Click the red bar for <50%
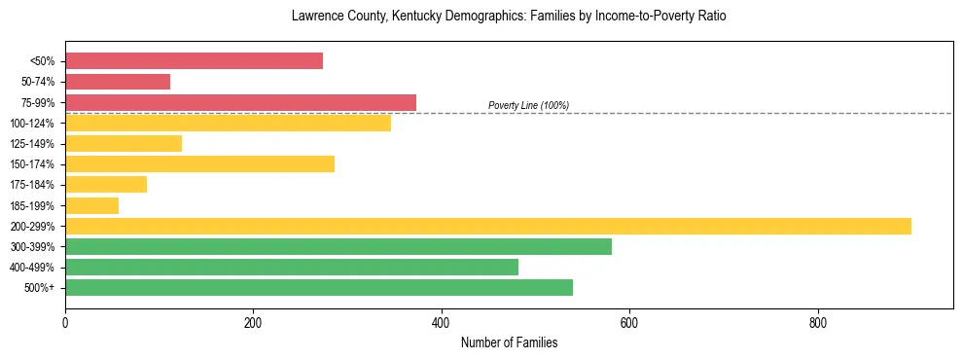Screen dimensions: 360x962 (x=194, y=61)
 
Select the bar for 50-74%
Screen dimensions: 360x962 (x=118, y=82)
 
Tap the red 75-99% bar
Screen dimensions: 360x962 (x=240, y=102)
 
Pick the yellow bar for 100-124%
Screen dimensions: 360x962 (x=228, y=123)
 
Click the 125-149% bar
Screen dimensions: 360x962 (x=124, y=144)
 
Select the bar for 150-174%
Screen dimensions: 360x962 (x=199, y=164)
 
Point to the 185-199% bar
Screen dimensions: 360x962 (x=91, y=205)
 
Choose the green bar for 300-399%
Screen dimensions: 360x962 (x=338, y=246)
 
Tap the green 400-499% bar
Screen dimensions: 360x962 (x=292, y=267)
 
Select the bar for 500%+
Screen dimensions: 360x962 (x=319, y=287)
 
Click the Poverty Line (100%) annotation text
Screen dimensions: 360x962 (x=528, y=105)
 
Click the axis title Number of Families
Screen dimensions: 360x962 (x=509, y=342)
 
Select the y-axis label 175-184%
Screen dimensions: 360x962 (x=36, y=185)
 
